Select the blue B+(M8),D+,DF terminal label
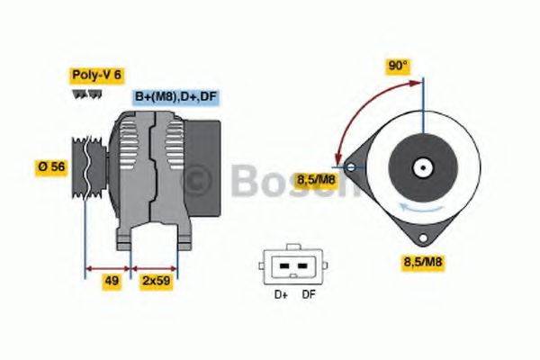coord(176,96)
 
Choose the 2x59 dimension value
coord(156,281)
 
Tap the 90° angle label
coord(398,66)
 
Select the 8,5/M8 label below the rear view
coord(419,263)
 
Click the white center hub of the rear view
coord(420,166)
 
